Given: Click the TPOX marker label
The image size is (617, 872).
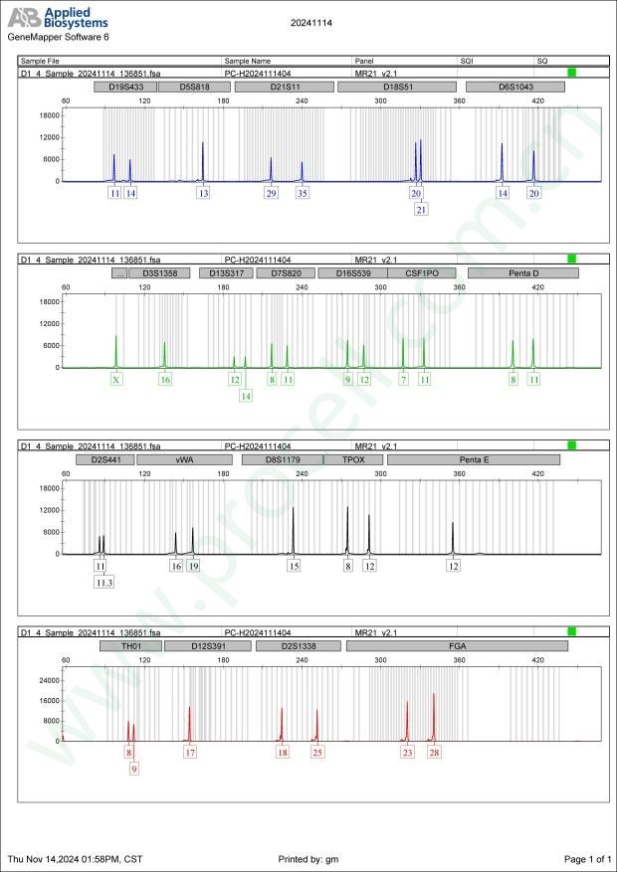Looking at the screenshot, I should click(354, 459).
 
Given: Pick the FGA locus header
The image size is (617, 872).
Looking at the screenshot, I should click(457, 645).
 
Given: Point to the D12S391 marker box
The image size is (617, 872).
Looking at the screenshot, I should click(208, 645).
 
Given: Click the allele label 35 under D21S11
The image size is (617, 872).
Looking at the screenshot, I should click(303, 193).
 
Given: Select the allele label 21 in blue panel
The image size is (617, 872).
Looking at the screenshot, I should click(422, 210).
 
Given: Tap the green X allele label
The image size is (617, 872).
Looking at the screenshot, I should click(116, 379).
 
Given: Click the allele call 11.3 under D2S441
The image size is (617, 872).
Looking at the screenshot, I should click(104, 583).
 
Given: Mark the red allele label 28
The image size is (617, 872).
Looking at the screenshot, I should click(434, 753).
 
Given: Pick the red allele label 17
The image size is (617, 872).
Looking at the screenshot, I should click(190, 753).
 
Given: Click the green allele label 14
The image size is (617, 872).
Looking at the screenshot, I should click(245, 396).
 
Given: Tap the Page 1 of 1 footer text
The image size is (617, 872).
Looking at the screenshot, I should click(587, 858).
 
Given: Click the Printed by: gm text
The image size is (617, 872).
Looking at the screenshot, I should click(309, 858).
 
